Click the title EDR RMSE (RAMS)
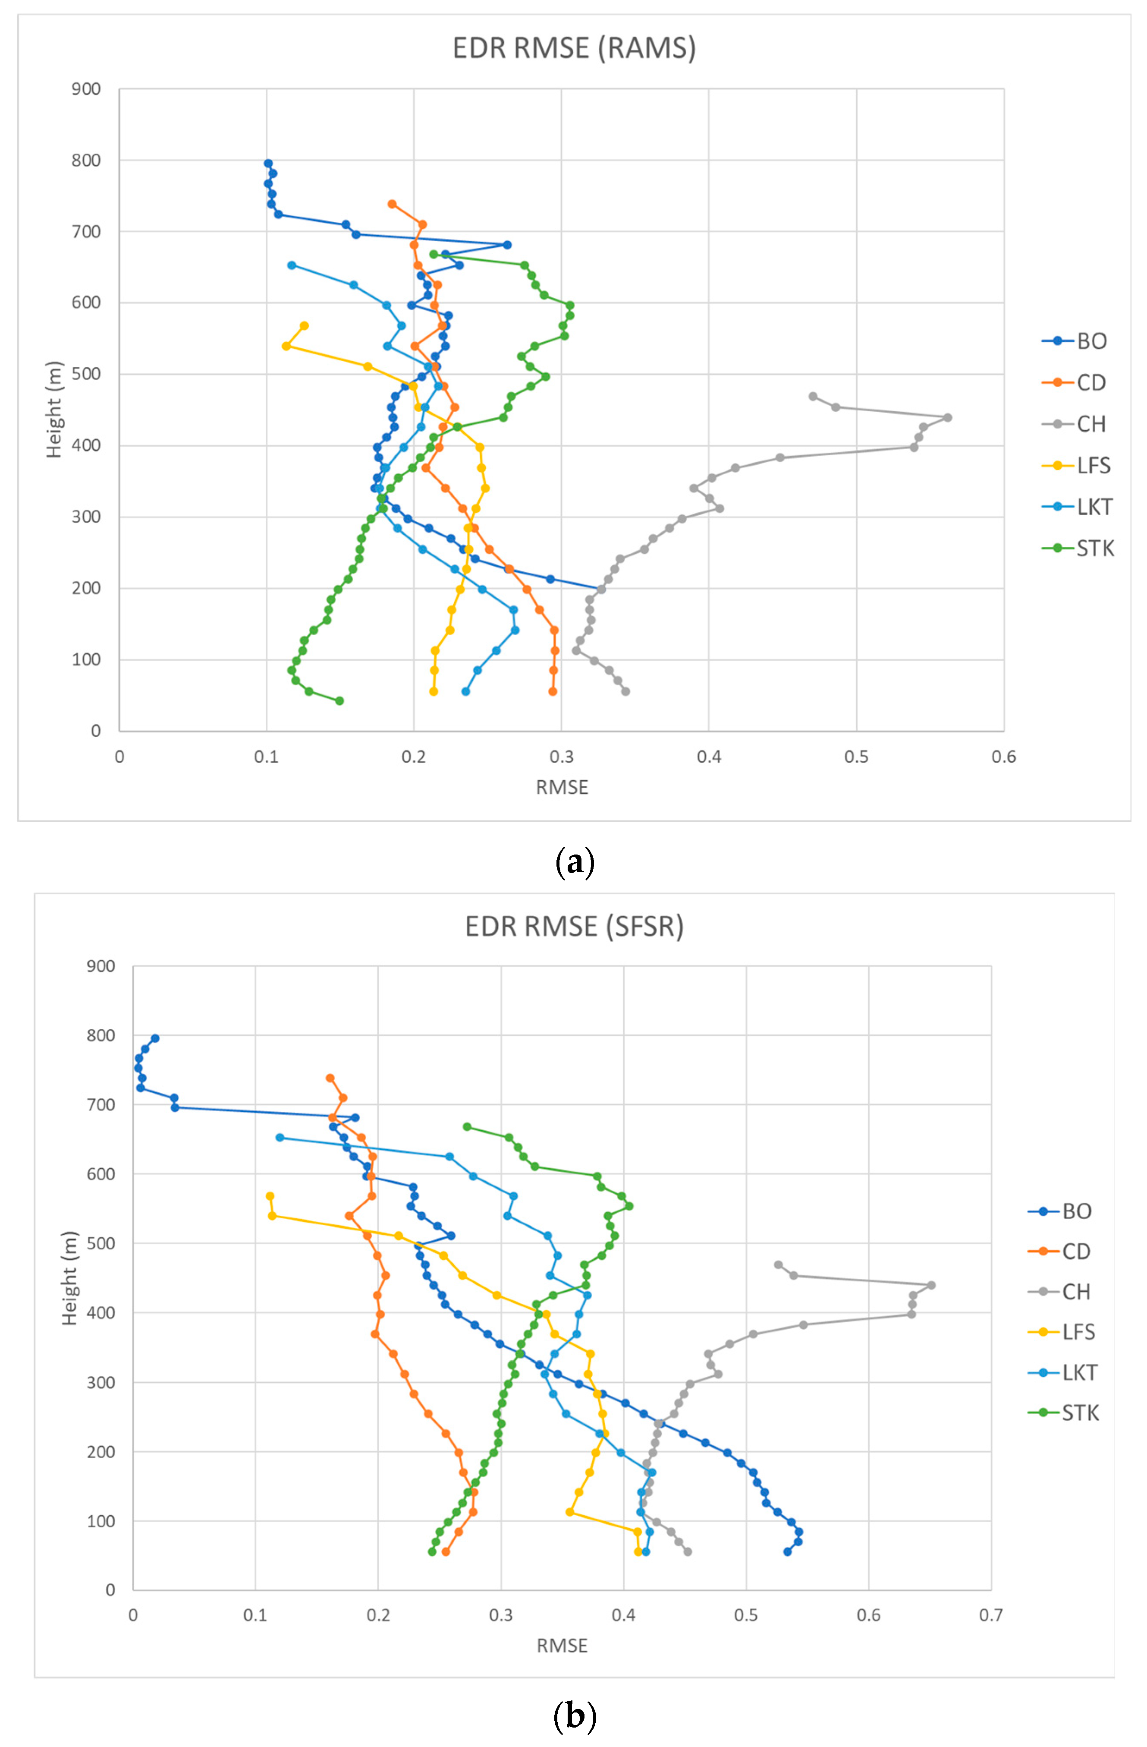tap(574, 48)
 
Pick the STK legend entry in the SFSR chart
tap(1079, 1413)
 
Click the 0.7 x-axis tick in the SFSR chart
tap(991, 1615)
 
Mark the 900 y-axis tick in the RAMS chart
tap(86, 89)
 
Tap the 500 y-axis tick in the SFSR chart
tap(101, 1243)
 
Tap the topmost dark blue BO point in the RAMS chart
tap(268, 164)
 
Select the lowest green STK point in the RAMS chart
tap(339, 701)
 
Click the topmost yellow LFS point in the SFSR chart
tap(269, 1196)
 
